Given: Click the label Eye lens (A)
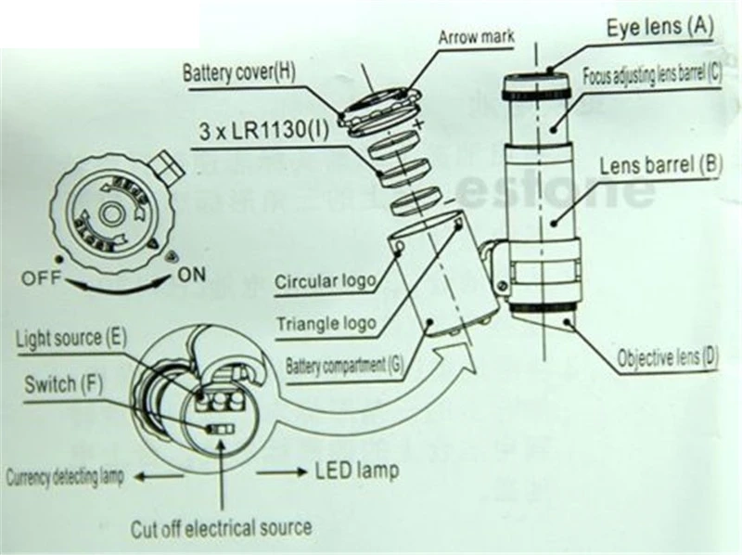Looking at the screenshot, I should point(659,27).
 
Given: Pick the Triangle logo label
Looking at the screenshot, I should point(326,324).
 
